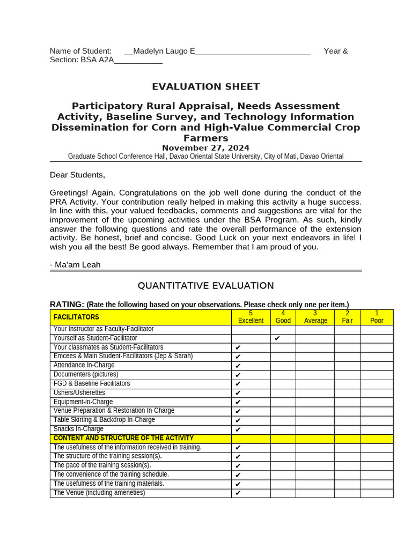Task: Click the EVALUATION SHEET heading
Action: tap(205, 87)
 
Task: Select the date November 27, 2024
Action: tap(205, 148)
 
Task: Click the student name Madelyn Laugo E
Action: tap(164, 51)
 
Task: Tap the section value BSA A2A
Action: tap(97, 60)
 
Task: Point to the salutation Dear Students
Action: tap(78, 175)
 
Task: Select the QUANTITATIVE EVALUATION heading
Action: tap(205, 286)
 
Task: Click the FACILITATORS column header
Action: tap(76, 317)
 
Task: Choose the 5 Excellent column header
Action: tap(251, 317)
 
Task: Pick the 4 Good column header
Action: tap(283, 317)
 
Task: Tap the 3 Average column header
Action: tap(315, 317)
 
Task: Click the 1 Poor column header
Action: tap(377, 317)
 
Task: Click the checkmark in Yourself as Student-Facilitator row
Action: tap(277, 339)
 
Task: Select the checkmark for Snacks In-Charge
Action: tap(238, 429)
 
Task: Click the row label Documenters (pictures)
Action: tap(86, 375)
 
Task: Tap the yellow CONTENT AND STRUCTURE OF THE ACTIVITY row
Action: tap(123, 439)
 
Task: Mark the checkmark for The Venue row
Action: tap(238, 493)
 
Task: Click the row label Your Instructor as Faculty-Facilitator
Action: tap(104, 329)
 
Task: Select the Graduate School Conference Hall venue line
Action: tap(205, 157)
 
